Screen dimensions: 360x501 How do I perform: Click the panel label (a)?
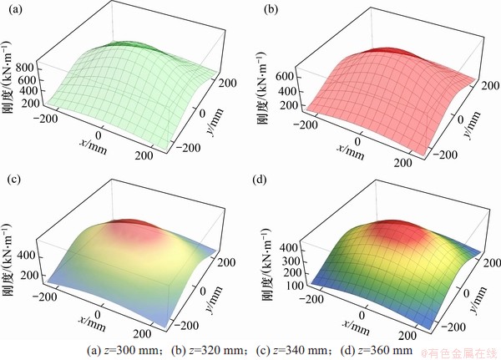tap(13, 10)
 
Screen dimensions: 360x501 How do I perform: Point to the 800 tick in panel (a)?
tap(30, 65)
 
